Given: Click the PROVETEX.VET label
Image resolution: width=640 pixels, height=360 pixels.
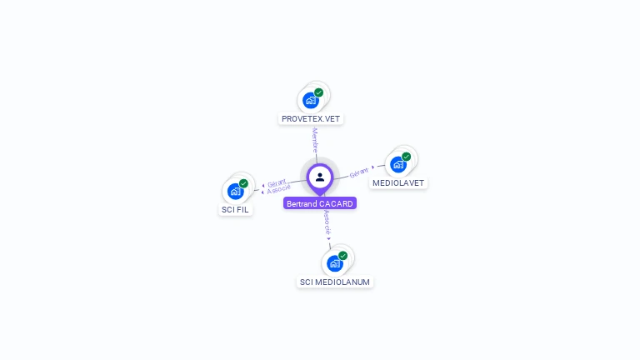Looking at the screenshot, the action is (x=311, y=118).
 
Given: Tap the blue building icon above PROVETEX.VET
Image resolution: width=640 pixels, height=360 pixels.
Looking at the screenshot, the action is (x=311, y=101).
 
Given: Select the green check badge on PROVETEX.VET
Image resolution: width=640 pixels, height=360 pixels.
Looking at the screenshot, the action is (x=319, y=92).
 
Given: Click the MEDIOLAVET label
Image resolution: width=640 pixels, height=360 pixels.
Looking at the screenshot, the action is (x=398, y=182).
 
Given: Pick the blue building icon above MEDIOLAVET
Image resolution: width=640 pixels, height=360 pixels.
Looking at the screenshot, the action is (x=398, y=164).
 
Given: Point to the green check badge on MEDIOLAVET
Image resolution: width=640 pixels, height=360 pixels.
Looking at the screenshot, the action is (x=407, y=157).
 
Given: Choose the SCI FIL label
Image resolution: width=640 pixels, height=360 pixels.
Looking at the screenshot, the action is (x=236, y=209).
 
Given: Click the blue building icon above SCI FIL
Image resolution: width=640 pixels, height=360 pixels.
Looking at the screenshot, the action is (x=236, y=192).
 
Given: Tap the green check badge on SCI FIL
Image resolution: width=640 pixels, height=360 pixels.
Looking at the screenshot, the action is (x=244, y=183).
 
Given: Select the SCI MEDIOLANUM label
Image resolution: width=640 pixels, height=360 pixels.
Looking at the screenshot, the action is (x=335, y=282).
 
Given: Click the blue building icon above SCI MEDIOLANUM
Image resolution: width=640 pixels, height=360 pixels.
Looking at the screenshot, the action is (x=335, y=264).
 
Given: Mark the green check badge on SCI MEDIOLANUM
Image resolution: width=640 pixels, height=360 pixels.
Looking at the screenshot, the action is (x=343, y=256).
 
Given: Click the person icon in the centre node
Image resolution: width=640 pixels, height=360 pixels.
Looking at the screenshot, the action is (x=320, y=177).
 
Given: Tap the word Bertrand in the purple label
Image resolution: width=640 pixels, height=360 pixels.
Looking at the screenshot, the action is (x=302, y=203).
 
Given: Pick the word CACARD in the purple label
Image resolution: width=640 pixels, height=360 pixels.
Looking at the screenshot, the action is (x=337, y=203).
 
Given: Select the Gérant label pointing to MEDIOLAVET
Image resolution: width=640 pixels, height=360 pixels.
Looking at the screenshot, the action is (x=359, y=172).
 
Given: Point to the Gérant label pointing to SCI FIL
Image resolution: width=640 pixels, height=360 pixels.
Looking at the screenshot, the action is (x=277, y=182).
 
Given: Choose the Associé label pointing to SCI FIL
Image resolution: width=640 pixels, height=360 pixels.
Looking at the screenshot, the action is (x=279, y=189).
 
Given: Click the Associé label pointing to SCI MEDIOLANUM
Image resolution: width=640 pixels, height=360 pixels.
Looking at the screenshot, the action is (x=327, y=222).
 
